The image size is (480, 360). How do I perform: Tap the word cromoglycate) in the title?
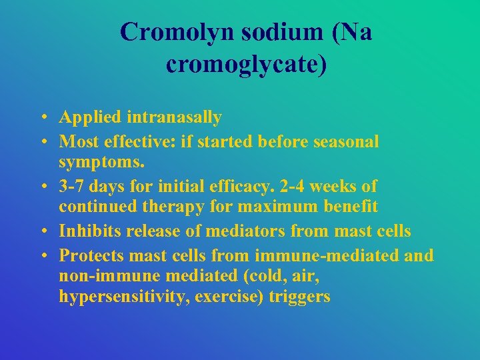(246, 65)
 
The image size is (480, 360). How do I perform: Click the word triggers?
(300, 297)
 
